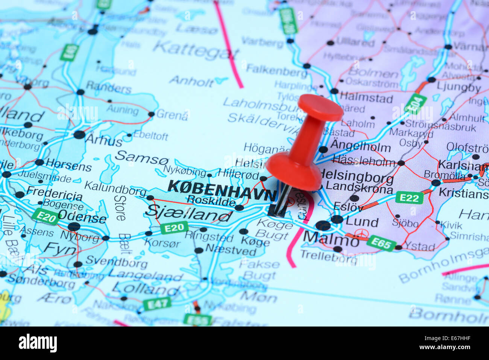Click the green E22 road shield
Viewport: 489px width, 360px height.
[x=409, y=197]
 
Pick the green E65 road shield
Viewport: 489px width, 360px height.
[x=381, y=243]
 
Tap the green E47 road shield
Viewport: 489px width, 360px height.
[x=157, y=303]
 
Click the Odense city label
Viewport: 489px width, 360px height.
[x=82, y=218]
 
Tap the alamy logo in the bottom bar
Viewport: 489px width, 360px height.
[x=38, y=343]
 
